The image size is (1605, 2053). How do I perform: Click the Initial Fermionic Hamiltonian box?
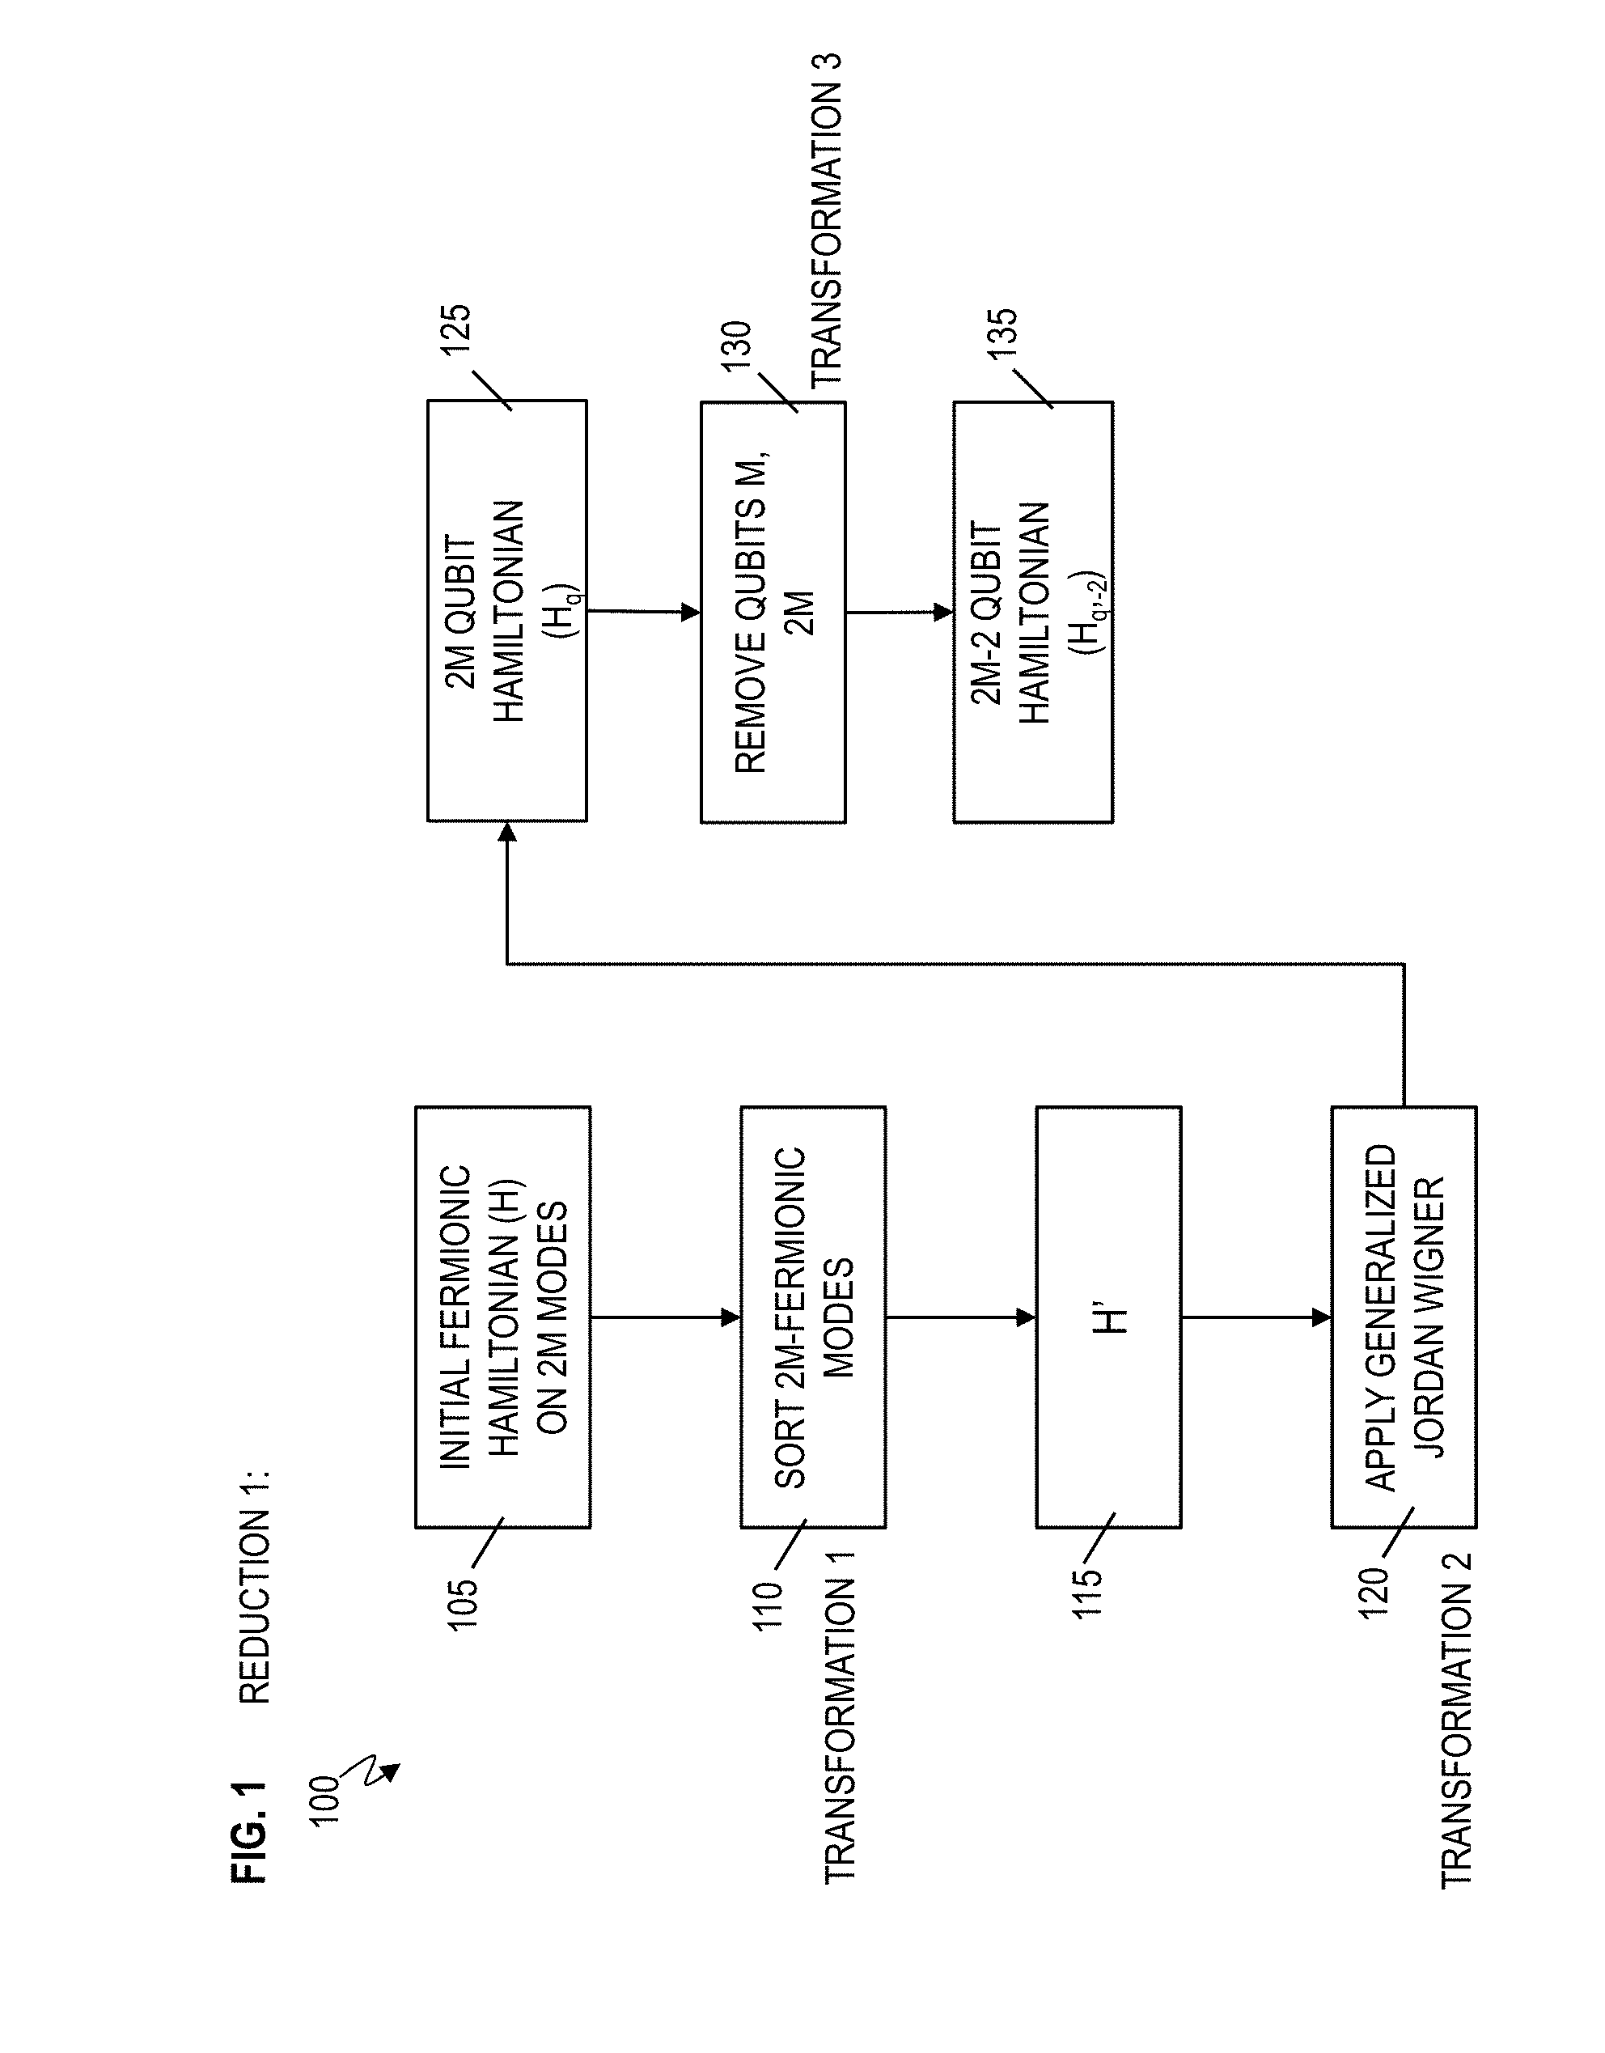[502, 1317]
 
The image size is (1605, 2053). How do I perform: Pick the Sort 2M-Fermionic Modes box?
[813, 1317]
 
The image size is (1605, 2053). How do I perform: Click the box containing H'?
[1109, 1317]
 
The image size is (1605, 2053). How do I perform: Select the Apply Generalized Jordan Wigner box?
[1404, 1317]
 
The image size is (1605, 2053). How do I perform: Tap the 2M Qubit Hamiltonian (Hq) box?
[507, 611]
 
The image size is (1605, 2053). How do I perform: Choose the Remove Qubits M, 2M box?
[773, 612]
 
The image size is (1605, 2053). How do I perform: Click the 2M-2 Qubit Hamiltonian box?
[1034, 612]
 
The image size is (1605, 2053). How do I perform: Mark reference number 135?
[1002, 333]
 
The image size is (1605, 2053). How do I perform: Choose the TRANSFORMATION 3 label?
[827, 220]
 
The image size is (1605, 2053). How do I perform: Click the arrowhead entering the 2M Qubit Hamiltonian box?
[507, 833]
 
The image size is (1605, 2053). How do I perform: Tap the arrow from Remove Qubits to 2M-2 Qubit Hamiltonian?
[900, 612]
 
